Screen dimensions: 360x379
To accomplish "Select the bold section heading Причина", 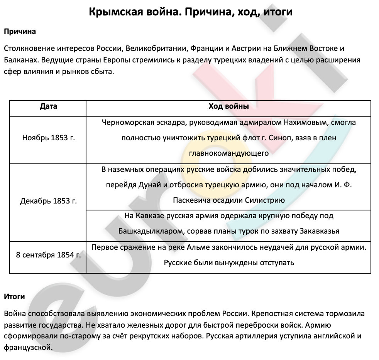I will [x=20, y=32].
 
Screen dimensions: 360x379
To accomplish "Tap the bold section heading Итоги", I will [x=14, y=296].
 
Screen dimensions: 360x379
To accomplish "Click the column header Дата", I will [x=48, y=106].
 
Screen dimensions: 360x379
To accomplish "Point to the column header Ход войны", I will [x=228, y=106].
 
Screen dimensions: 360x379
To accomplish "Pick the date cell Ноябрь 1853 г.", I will [x=48, y=138].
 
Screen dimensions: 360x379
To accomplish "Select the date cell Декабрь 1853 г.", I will [x=48, y=201].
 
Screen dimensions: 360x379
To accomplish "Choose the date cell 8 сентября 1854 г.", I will [x=48, y=255].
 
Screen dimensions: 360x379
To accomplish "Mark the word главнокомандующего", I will [x=228, y=153].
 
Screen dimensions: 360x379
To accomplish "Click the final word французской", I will [x=27, y=347].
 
